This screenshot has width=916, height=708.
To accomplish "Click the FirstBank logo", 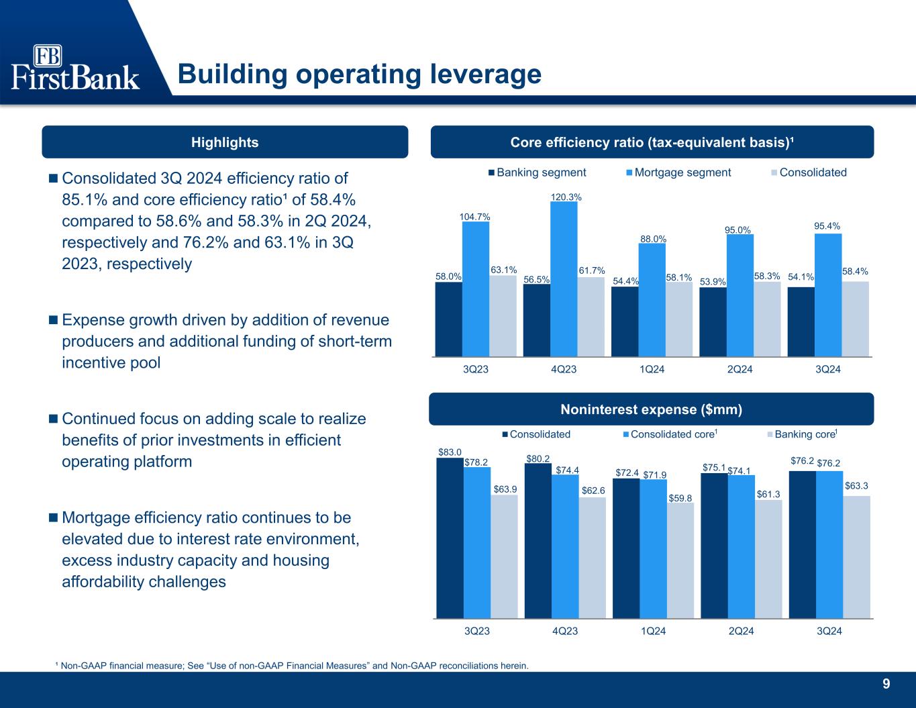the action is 75,67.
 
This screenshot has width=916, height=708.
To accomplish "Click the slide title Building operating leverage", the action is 360,74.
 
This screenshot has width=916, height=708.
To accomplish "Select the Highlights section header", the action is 225,142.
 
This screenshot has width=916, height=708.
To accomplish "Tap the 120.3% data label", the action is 566,197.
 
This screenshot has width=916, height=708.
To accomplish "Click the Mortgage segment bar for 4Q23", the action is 564,279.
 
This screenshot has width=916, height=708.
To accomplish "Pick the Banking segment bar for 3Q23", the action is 449,319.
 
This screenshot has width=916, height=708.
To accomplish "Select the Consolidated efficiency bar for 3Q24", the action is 856,319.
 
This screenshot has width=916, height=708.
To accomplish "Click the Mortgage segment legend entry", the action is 678,172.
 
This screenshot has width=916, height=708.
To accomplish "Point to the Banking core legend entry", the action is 803,434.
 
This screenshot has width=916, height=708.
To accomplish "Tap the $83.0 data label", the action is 450,452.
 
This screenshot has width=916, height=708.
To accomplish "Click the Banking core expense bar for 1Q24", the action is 680,560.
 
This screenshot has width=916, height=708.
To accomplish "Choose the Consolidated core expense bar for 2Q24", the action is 742,546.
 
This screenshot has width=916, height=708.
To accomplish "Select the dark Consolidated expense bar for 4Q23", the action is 538,541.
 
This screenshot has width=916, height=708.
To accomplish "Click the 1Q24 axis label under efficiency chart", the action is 652,369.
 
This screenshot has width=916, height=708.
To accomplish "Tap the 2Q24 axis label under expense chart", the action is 741,631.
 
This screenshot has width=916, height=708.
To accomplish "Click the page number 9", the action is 886,684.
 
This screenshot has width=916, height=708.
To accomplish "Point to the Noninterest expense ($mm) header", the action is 652,409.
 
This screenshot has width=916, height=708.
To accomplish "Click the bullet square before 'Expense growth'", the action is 53,320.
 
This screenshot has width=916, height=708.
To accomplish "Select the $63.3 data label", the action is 856,486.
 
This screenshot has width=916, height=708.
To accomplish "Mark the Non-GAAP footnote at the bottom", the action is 292,666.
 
